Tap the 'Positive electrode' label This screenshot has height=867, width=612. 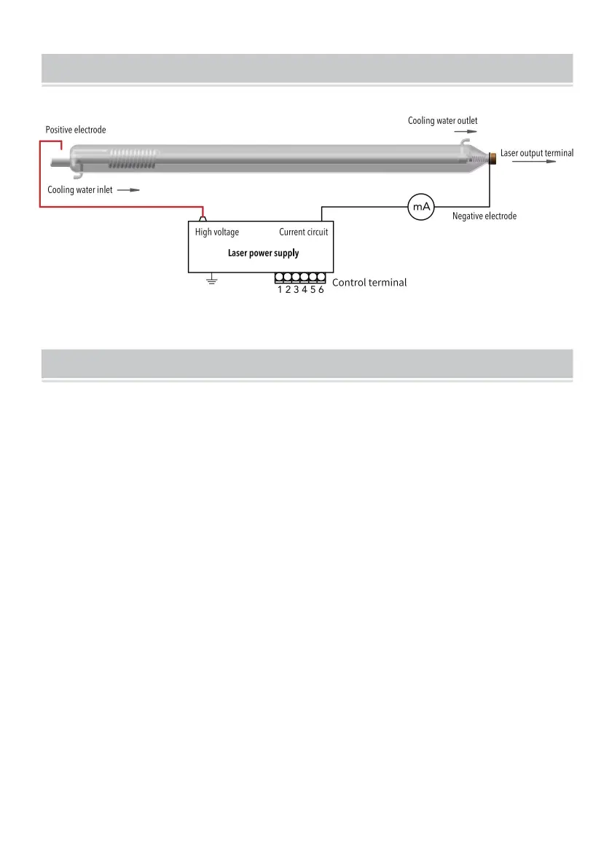coord(76,130)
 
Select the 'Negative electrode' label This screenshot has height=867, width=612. coord(484,216)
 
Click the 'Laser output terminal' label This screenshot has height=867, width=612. coord(537,153)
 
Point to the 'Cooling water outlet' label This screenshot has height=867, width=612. coord(443,120)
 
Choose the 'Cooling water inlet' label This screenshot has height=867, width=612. coord(80,189)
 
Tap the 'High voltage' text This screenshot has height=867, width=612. coord(217,232)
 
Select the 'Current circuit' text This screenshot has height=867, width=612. coord(304,232)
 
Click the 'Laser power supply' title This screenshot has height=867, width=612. coord(263,254)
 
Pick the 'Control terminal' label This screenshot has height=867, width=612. coord(369,283)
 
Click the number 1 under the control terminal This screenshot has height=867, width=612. coord(280,290)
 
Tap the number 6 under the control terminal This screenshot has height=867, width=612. coord(321,290)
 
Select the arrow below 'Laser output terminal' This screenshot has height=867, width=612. coord(534,162)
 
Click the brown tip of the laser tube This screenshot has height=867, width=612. coord(493,157)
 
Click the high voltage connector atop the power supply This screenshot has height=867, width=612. coord(203,218)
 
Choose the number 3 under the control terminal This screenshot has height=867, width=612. coord(297,290)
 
